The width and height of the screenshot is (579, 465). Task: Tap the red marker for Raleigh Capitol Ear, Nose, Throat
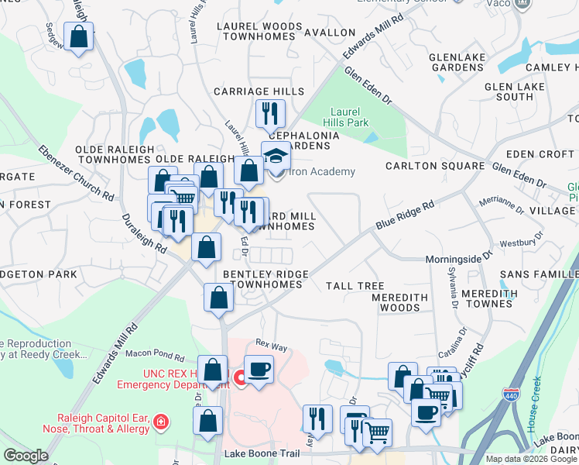(x=160, y=422)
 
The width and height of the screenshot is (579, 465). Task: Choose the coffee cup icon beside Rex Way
(x=259, y=369)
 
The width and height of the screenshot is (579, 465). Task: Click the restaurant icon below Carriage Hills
(x=270, y=114)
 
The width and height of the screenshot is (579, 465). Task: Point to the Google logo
(x=26, y=456)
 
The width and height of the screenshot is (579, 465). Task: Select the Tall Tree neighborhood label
(x=355, y=286)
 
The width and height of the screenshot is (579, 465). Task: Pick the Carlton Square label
(x=434, y=166)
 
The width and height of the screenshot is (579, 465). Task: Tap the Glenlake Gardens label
(x=457, y=62)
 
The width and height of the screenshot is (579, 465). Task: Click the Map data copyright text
(x=531, y=459)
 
